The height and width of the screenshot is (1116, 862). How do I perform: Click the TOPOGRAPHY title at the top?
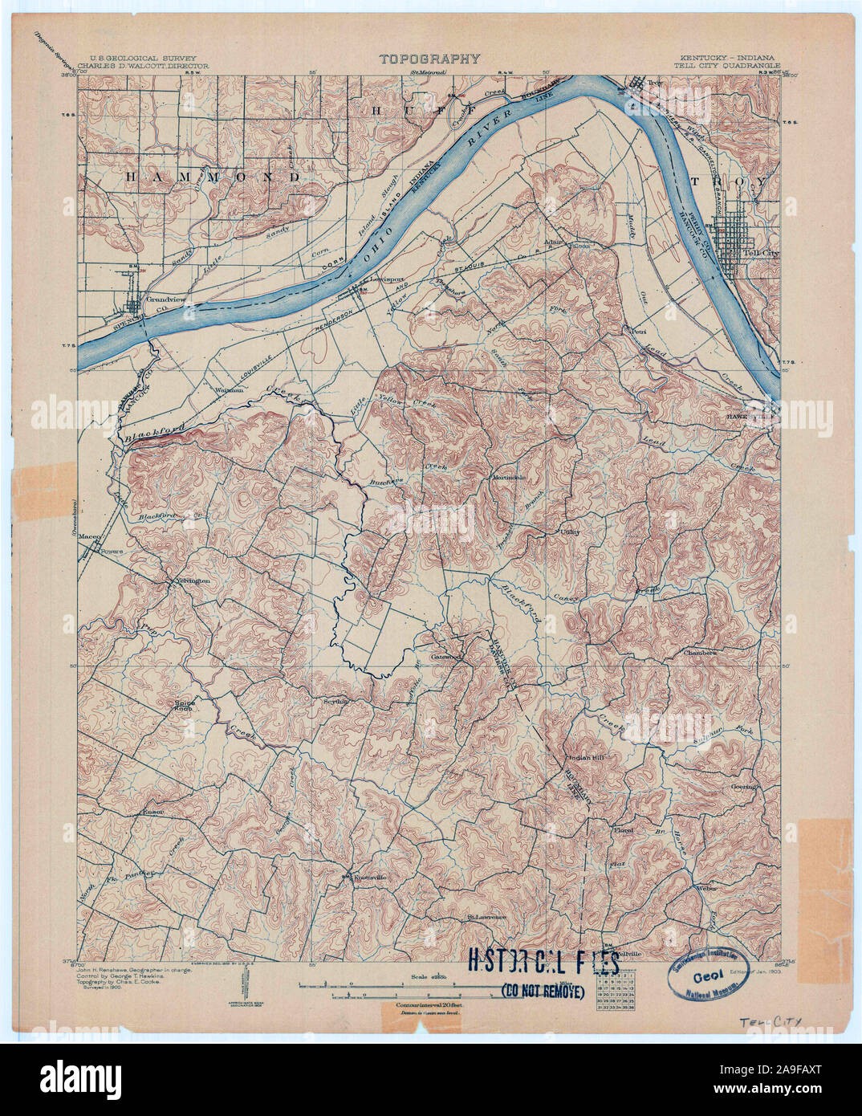(429, 59)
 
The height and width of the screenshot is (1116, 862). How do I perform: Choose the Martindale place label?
(509, 478)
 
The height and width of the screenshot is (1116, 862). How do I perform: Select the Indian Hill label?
(583, 757)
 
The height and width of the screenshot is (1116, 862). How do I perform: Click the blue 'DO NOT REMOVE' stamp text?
(543, 988)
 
